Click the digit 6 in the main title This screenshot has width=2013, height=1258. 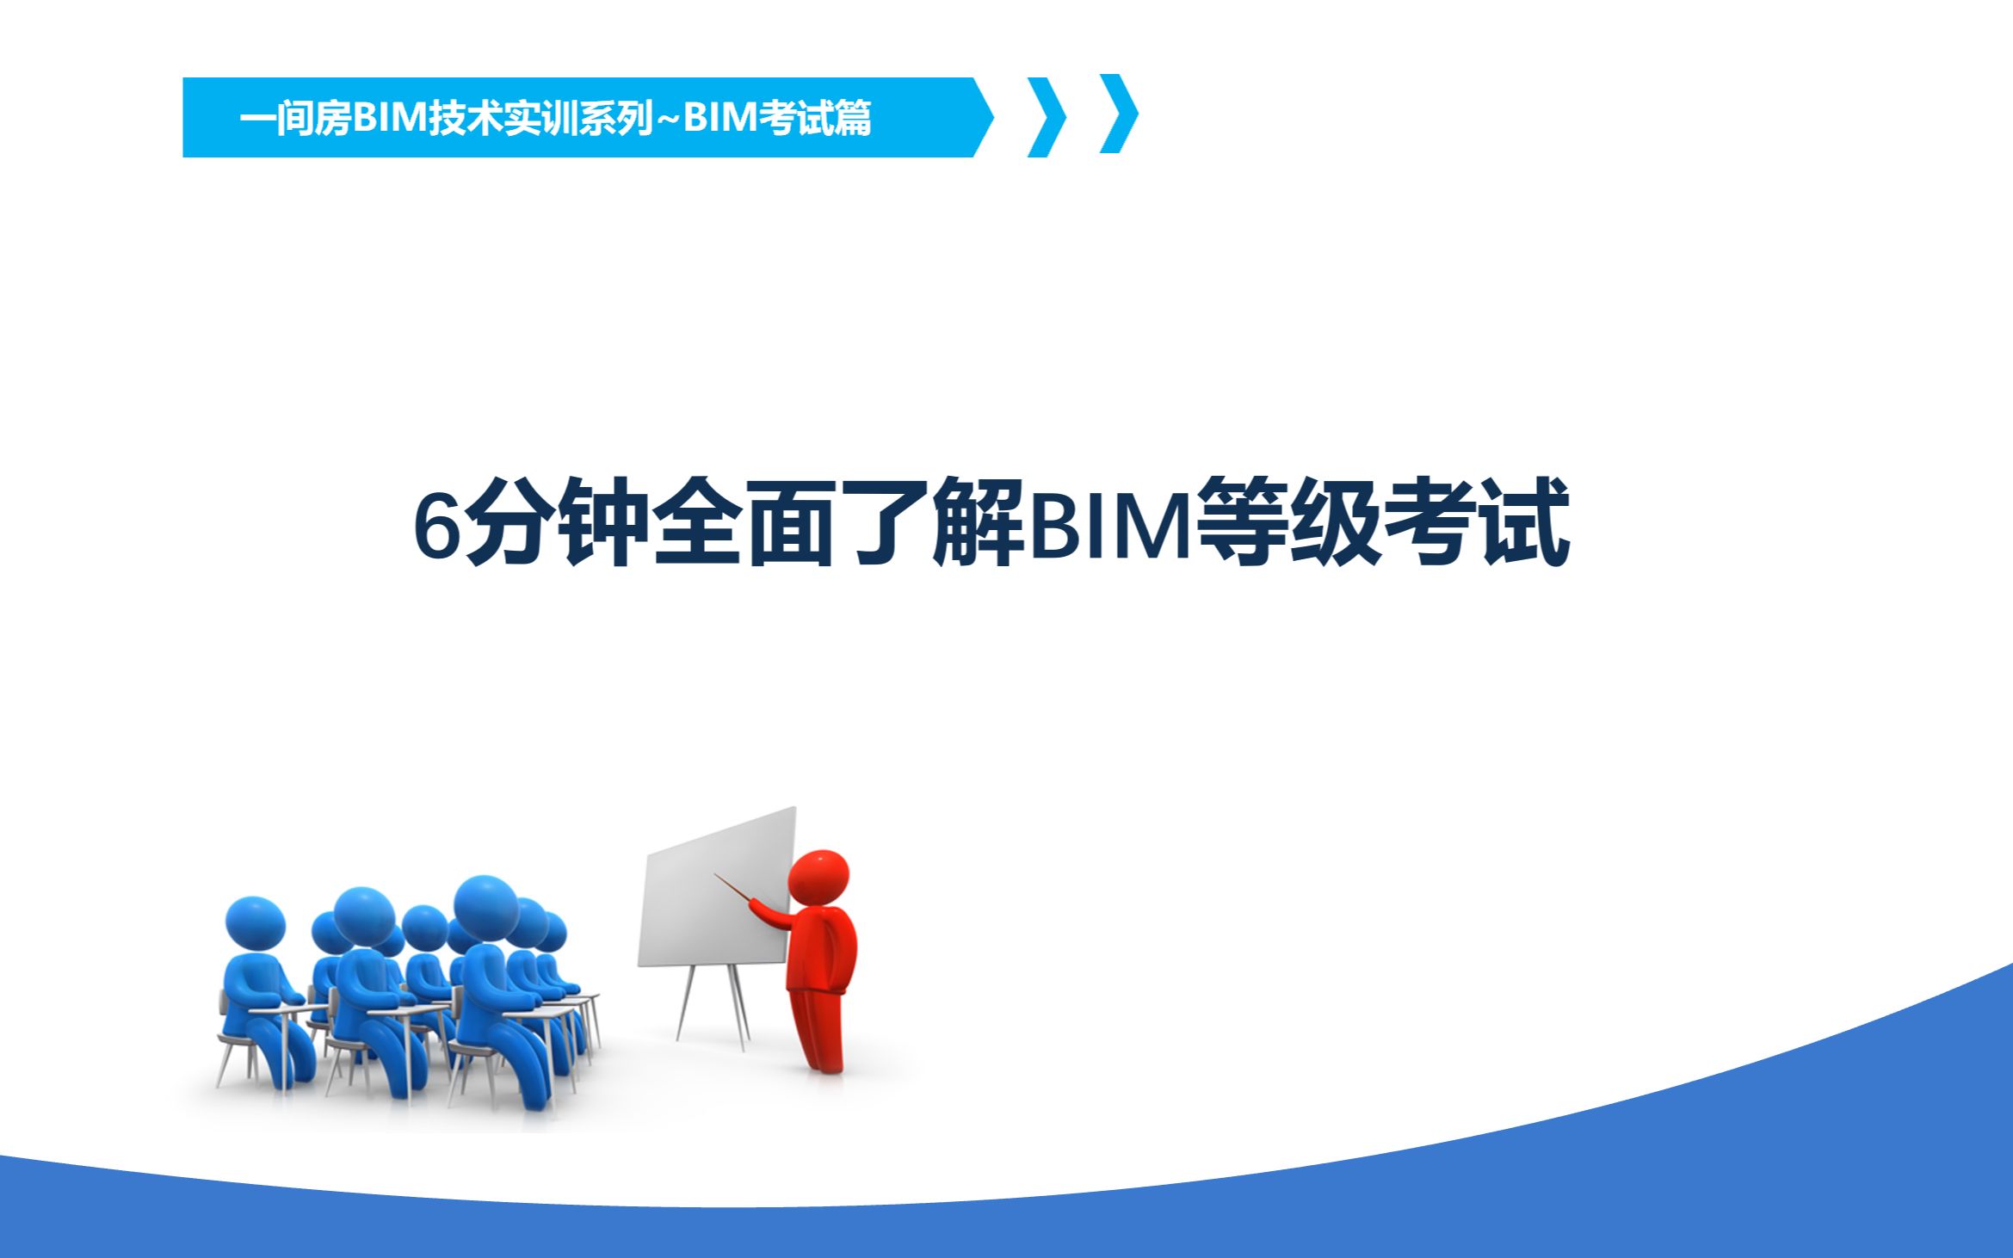point(438,526)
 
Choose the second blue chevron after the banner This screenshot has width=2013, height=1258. point(1120,114)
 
